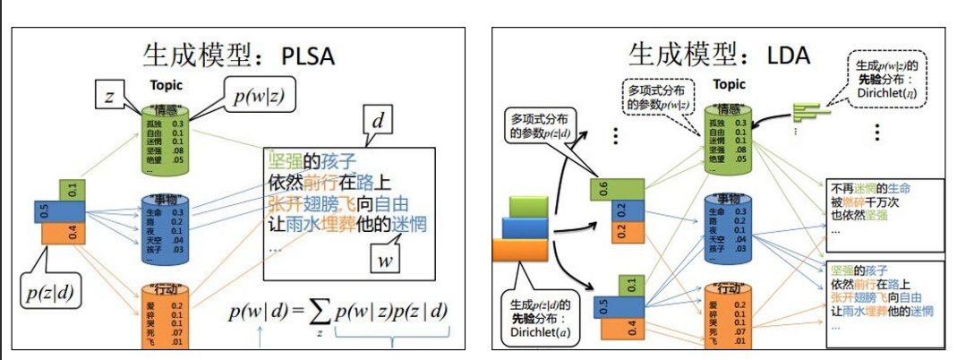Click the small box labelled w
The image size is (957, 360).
[386, 259]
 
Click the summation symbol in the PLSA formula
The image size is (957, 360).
[320, 313]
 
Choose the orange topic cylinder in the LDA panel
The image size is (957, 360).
[727, 313]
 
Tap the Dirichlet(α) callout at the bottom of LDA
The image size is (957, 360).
[537, 317]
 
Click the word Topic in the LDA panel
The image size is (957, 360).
[729, 85]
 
